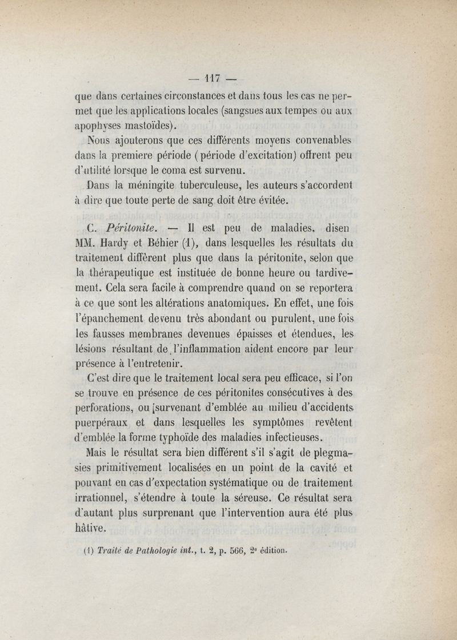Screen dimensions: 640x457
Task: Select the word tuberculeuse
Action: click(x=217, y=186)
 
